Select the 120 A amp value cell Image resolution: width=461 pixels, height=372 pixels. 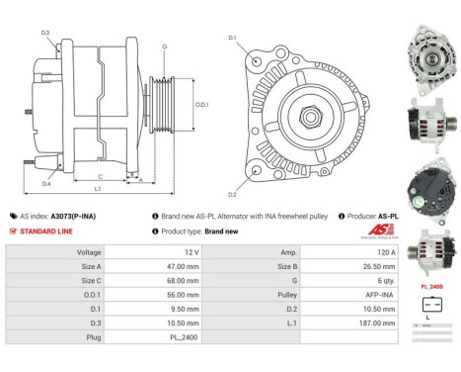357,252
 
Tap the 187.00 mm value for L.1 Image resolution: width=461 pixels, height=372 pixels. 357,322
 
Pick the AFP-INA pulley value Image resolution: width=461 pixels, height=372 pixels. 357,294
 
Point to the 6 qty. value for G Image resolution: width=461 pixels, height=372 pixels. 357,280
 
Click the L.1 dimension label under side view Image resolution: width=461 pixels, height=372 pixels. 97,188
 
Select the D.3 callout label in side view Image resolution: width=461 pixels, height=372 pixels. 46,34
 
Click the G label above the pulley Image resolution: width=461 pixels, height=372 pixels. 164,46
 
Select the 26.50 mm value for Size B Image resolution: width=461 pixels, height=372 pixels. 357,266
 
